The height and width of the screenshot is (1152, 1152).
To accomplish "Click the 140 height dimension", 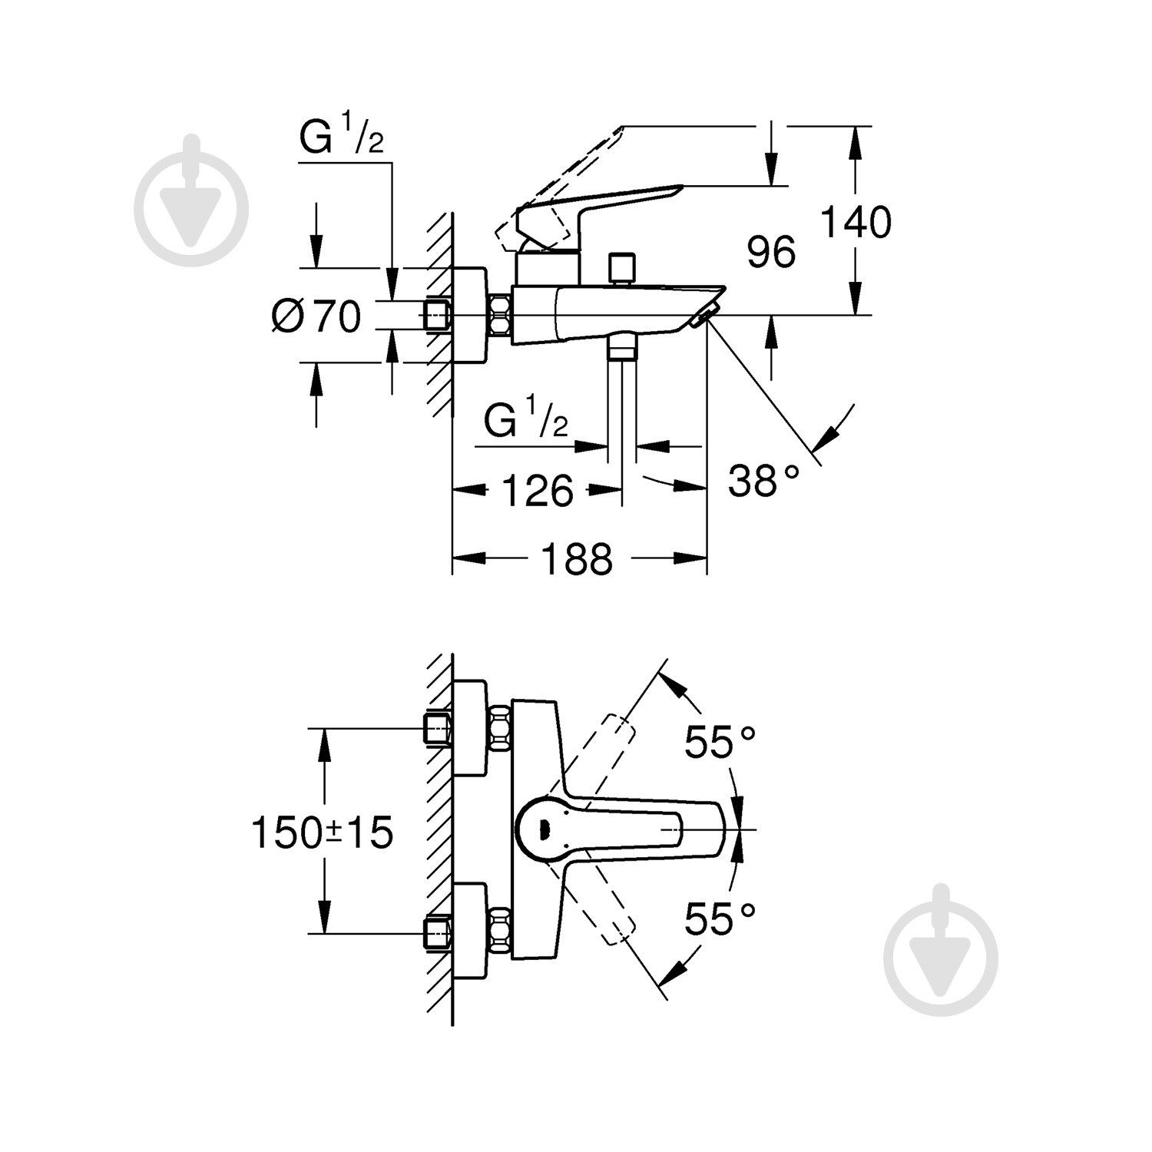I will pos(856,222).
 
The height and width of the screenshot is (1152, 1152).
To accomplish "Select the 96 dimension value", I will pos(771,253).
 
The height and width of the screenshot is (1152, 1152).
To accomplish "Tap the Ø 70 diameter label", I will pos(316,316).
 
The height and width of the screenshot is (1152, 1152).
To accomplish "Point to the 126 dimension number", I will pos(538,490).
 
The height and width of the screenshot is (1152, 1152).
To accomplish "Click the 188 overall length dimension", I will pos(578,558).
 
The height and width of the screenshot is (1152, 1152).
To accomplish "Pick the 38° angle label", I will pos(763,482).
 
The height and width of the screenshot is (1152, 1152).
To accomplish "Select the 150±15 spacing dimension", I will pos(323,833).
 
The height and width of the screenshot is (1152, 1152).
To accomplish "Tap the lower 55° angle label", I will pos(720,919).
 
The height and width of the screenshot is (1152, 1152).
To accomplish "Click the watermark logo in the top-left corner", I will pos(191,202).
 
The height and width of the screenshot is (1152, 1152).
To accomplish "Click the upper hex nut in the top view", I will pos(501,728).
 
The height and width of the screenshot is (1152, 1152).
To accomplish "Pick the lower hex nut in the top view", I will pos(501,932).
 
